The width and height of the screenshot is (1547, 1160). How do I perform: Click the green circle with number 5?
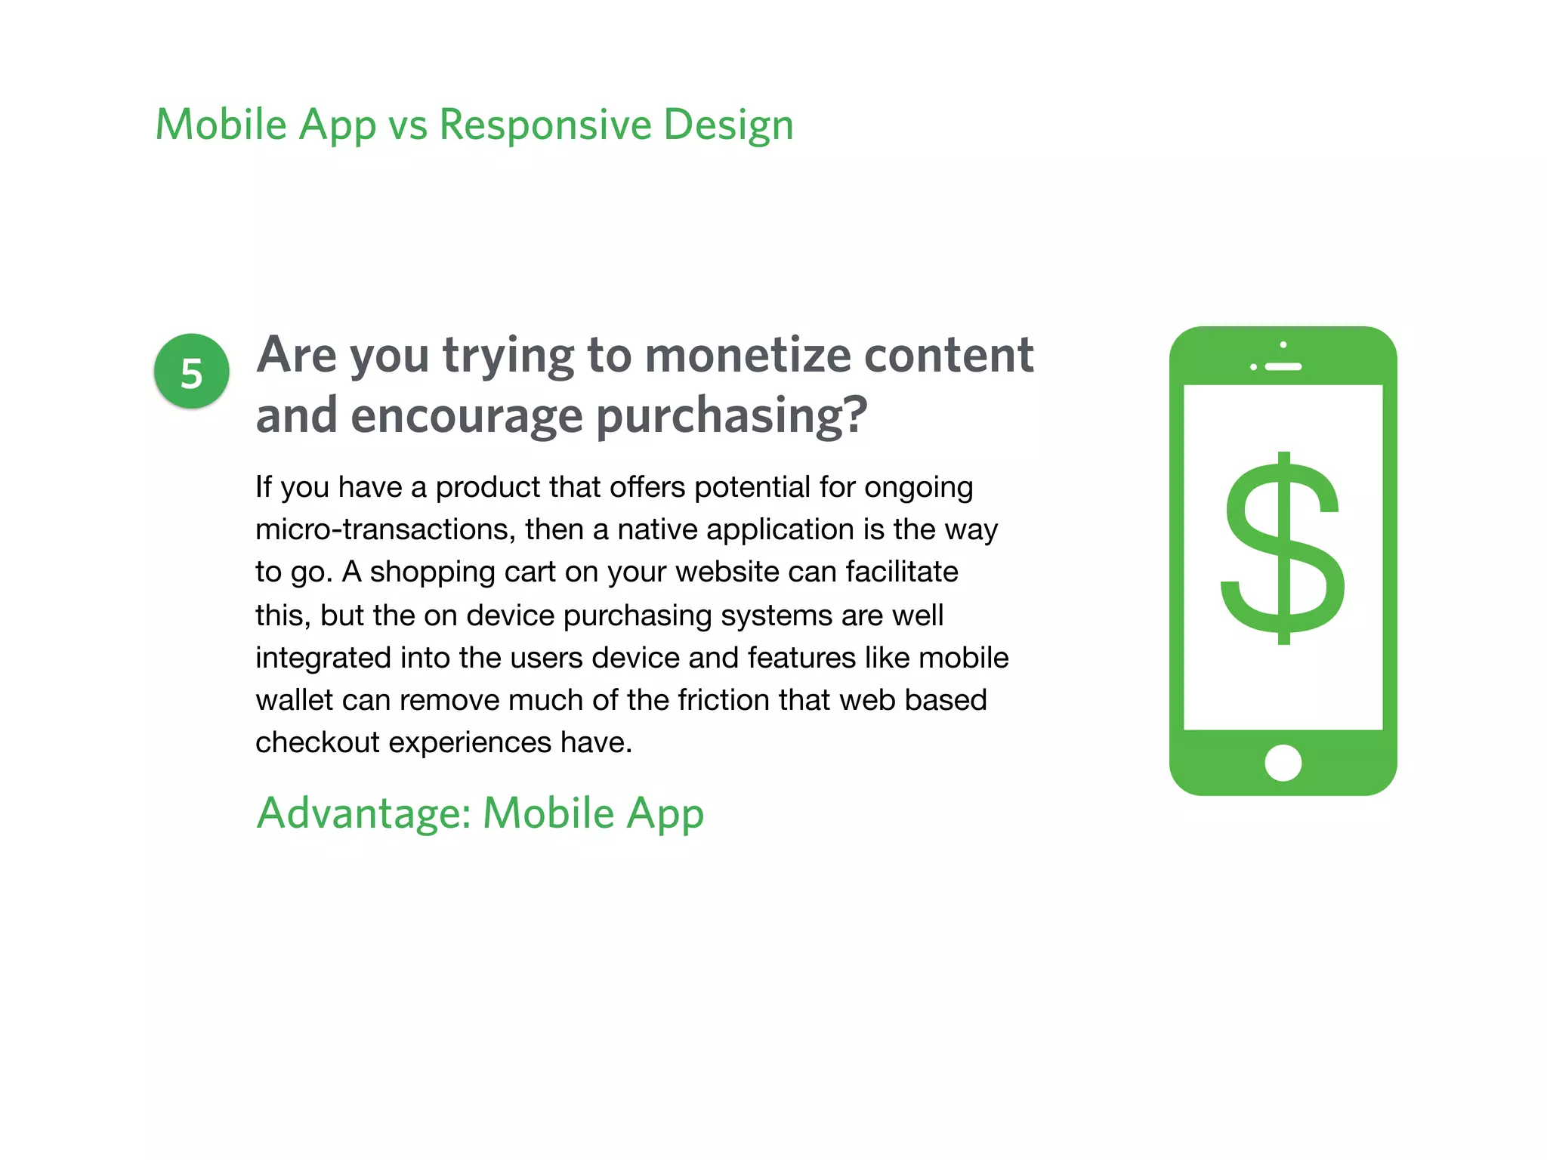coord(191,372)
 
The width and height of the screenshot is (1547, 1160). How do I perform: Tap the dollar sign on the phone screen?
coord(1283,549)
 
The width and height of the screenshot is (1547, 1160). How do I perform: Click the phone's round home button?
coord(1283,763)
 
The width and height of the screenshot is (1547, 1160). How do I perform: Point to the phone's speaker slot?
coord(1283,367)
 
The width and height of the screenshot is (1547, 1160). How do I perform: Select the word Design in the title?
coord(728,125)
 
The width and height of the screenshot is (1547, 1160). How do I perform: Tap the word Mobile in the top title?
coord(221,125)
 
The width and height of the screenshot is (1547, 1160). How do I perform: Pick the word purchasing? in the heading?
coord(731,417)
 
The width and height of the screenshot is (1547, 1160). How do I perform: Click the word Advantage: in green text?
coord(363,813)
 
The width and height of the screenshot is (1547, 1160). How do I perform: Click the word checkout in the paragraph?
coord(317,742)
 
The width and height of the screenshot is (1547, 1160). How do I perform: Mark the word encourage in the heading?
coord(466,417)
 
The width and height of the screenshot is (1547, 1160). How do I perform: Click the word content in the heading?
coord(948,355)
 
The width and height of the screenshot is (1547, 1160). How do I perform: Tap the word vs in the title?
coord(407,125)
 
